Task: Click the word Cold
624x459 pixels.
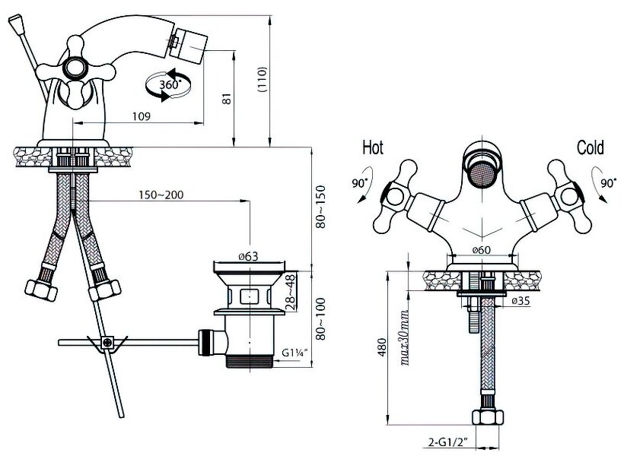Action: click(x=590, y=147)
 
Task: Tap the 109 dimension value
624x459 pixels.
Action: click(x=140, y=116)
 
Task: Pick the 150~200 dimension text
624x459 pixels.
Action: click(x=161, y=195)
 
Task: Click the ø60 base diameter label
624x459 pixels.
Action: click(x=480, y=250)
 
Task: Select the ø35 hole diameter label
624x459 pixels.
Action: click(x=521, y=301)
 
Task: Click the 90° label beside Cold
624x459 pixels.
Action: click(x=607, y=183)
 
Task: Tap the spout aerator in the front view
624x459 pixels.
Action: click(x=482, y=174)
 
